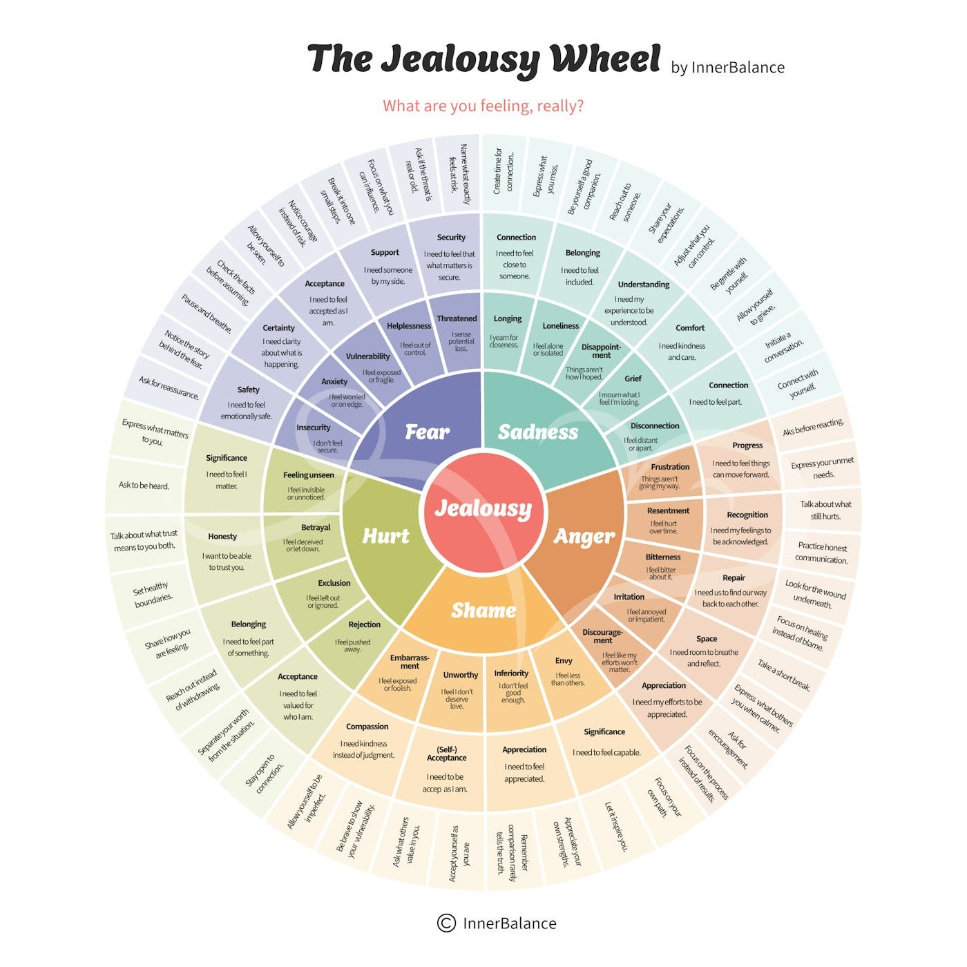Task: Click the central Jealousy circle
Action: [x=483, y=509]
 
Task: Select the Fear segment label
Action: [x=427, y=432]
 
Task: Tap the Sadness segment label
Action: [x=538, y=432]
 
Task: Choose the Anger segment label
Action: [x=584, y=537]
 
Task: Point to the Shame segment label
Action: [x=483, y=610]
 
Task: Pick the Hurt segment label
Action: [x=385, y=536]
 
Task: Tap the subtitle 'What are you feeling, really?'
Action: [x=483, y=106]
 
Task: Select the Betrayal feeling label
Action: [x=316, y=528]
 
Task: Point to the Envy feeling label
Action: [x=564, y=661]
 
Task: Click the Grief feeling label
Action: [x=633, y=379]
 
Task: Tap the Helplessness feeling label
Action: [x=408, y=326]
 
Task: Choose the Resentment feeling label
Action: [x=668, y=510]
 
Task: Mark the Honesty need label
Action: [x=222, y=537]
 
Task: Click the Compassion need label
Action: [x=367, y=727]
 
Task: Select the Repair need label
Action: [x=734, y=577]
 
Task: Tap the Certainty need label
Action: [x=278, y=327]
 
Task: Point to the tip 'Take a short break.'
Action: [x=784, y=675]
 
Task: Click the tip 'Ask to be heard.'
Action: [x=144, y=486]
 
